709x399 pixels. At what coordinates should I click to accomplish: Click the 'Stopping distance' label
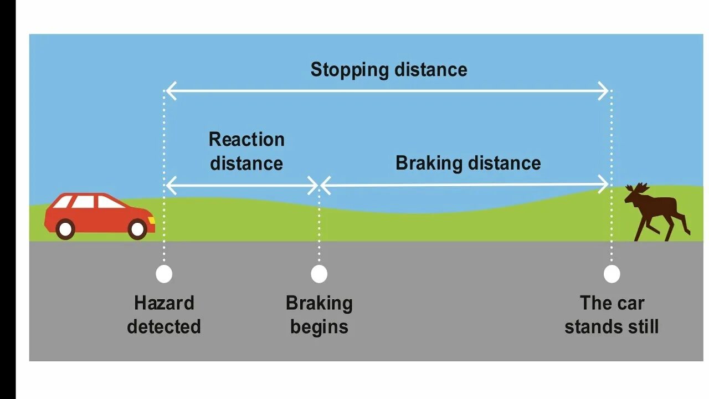pos(388,70)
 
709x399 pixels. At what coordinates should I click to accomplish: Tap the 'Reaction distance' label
pos(246,151)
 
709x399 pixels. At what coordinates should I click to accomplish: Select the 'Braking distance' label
pos(468,163)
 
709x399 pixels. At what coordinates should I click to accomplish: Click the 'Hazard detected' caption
pos(164,315)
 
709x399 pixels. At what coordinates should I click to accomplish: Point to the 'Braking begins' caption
pos(319,315)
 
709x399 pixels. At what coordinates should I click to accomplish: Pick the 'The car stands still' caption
pos(612,315)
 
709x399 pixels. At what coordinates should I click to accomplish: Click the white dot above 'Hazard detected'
pos(164,274)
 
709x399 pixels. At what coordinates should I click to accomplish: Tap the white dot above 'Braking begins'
pos(319,274)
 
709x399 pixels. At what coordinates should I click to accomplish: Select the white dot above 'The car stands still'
pos(612,274)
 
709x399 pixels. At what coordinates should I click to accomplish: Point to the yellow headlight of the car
pos(151,220)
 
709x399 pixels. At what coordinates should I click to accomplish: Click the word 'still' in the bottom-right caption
pos(642,326)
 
